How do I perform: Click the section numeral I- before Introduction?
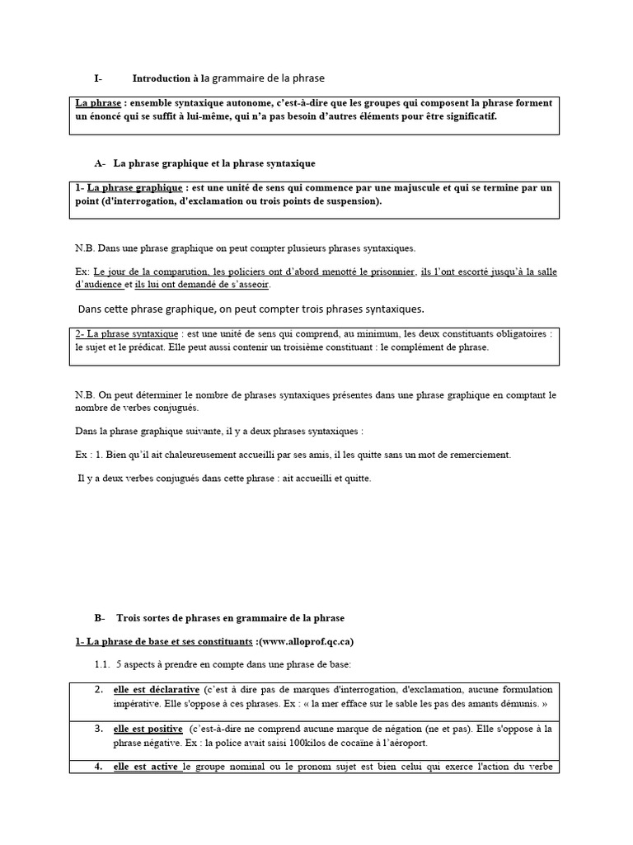98,78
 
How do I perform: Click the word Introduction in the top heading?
161,78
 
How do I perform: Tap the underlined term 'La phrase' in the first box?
96,103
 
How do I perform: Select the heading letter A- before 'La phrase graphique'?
101,163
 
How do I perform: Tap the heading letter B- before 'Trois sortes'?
101,617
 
